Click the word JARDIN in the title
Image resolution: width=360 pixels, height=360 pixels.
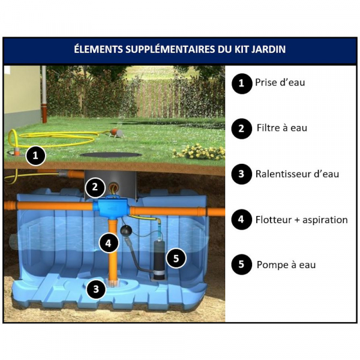click(x=268, y=49)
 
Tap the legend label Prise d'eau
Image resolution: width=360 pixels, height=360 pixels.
click(x=280, y=83)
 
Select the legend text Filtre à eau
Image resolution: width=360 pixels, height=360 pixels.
click(x=282, y=128)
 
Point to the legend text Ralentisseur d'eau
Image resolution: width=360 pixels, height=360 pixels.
click(x=297, y=174)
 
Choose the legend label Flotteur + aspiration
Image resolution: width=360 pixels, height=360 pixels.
click(x=301, y=220)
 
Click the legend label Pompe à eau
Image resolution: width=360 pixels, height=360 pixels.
click(x=286, y=265)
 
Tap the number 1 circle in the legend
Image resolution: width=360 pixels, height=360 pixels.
click(x=242, y=83)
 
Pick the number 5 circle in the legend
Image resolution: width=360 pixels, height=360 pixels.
click(x=242, y=265)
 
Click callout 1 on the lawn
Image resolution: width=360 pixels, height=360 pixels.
click(x=35, y=156)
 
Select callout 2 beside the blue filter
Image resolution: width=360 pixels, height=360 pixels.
click(x=95, y=187)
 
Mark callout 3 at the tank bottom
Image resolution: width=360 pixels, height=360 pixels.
click(x=96, y=289)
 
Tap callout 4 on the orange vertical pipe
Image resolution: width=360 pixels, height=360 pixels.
click(x=109, y=243)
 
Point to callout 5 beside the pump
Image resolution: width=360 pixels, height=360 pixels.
click(x=176, y=258)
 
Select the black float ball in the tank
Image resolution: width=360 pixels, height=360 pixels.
click(x=126, y=230)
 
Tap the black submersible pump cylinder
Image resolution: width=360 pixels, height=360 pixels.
click(x=159, y=259)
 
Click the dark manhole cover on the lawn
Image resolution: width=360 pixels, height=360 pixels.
click(x=111, y=155)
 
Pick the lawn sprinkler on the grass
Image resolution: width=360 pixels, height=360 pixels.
click(x=116, y=133)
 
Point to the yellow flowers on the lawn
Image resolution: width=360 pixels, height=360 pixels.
click(x=199, y=152)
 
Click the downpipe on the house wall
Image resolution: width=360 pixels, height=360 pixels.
click(x=44, y=94)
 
